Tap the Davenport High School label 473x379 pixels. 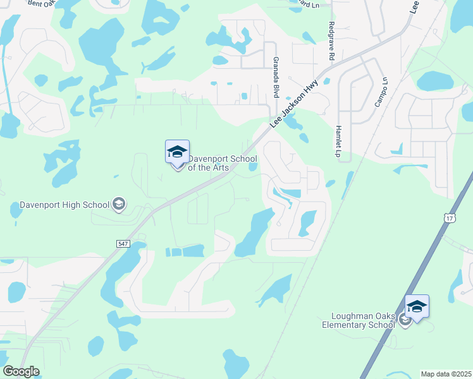(x=64, y=205)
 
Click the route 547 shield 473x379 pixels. (x=123, y=243)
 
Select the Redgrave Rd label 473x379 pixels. (x=331, y=40)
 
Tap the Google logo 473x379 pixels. (x=20, y=371)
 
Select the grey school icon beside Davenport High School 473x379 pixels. (x=118, y=204)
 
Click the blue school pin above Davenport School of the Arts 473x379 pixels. (x=178, y=152)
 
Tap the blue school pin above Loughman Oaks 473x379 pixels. (x=417, y=306)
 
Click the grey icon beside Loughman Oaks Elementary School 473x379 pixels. (x=405, y=321)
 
